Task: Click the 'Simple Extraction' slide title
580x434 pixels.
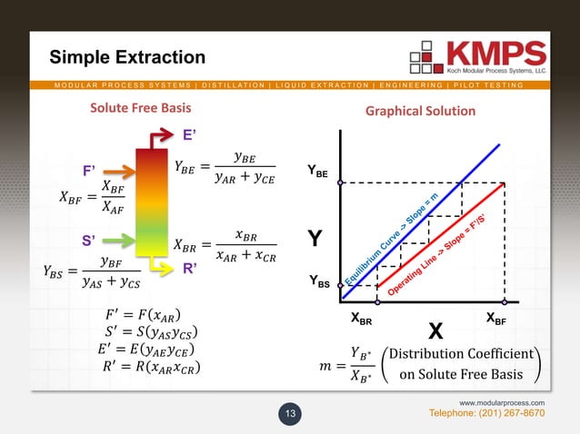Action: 126,58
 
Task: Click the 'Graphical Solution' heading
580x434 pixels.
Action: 420,111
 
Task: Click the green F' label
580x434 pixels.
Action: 94,169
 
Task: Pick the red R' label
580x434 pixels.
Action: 191,269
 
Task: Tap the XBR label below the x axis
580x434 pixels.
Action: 361,320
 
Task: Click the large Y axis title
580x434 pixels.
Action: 315,241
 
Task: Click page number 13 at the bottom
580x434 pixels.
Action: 291,415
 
